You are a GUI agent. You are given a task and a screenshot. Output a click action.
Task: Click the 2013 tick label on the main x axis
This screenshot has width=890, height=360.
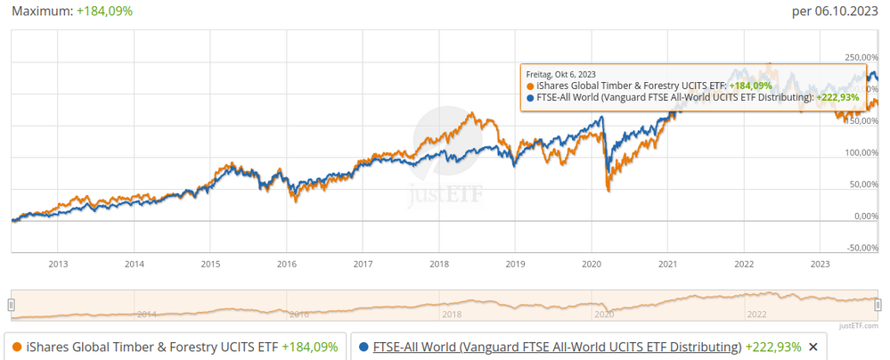click(58, 264)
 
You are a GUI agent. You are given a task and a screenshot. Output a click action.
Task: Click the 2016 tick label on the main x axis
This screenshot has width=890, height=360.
click(286, 264)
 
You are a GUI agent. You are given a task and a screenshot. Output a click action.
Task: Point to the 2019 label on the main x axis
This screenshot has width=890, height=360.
click(515, 264)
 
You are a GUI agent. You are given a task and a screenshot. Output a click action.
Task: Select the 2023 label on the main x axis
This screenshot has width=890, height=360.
click(820, 264)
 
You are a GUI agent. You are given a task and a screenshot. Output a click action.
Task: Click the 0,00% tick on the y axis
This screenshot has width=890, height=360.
click(860, 216)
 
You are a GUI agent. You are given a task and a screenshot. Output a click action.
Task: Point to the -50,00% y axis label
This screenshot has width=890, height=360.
click(858, 248)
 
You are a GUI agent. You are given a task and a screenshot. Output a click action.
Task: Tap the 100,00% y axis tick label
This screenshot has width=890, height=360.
click(858, 152)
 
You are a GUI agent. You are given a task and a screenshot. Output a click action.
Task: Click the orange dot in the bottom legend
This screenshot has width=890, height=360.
click(17, 347)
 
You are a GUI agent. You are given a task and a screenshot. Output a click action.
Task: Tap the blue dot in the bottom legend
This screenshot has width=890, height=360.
click(364, 347)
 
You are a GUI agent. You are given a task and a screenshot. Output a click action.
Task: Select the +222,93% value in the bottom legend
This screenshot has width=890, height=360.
click(773, 347)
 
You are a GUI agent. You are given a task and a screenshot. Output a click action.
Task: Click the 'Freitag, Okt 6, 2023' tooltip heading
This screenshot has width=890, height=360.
click(561, 74)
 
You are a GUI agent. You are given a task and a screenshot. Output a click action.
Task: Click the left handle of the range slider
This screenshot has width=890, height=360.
click(12, 305)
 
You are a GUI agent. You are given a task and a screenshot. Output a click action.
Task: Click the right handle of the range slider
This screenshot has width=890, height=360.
click(878, 305)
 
